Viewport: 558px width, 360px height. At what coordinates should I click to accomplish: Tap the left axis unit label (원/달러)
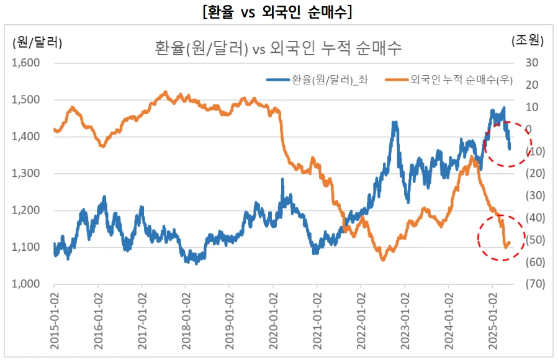click(x=37, y=42)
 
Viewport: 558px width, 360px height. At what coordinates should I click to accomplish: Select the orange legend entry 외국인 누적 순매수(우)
click(x=447, y=79)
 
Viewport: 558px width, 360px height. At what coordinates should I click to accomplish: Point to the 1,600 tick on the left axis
click(x=26, y=63)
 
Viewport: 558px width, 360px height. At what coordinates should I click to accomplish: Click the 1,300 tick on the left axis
click(x=26, y=174)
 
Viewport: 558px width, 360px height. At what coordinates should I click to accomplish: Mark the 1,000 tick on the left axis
click(x=26, y=284)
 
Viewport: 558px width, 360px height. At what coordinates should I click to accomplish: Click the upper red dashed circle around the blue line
click(x=508, y=144)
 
